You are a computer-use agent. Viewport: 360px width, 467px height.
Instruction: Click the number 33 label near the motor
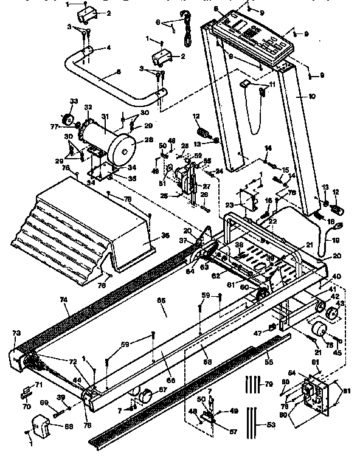(74, 101)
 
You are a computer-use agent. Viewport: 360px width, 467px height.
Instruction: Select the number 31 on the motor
(104, 117)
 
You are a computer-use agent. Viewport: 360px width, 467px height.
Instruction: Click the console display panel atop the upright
(250, 36)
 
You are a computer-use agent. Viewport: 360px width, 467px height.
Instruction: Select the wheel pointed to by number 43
(332, 314)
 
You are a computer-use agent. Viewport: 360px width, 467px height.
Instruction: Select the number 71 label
(38, 385)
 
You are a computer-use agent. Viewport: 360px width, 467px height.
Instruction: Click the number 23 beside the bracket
(230, 205)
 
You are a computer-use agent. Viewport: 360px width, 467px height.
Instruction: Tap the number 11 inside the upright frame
(272, 84)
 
